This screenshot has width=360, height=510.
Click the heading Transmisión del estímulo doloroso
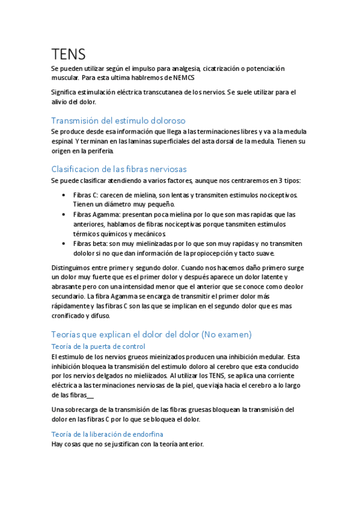tap(118, 120)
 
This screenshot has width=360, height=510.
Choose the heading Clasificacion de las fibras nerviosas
tap(127, 169)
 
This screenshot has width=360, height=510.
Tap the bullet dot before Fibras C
tap(64, 195)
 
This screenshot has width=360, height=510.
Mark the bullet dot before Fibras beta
tap(64, 244)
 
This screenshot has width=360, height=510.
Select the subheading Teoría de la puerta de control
tap(98, 346)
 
